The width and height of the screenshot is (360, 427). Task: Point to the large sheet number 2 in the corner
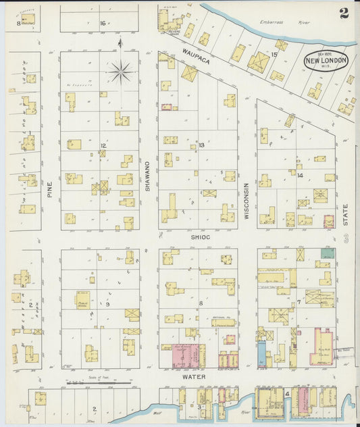[x=344, y=13]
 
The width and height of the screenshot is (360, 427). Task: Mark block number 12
[x=103, y=145]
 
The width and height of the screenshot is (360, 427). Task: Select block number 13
[x=201, y=145]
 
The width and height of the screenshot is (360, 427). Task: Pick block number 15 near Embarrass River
[x=274, y=53]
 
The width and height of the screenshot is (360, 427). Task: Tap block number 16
[x=103, y=23]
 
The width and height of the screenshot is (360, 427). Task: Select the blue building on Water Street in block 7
[x=261, y=353]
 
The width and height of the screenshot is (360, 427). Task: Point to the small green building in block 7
[x=328, y=253]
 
